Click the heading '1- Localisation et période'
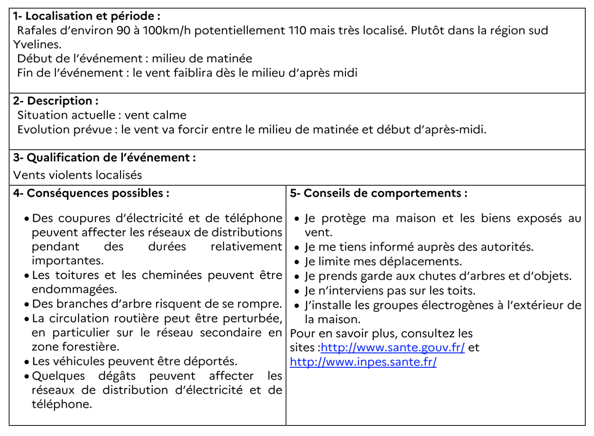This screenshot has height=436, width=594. (86, 16)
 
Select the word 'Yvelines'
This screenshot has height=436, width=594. (37, 45)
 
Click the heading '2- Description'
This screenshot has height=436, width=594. (56, 101)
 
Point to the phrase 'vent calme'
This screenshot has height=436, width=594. (155, 115)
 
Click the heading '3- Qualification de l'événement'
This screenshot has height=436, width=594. (104, 158)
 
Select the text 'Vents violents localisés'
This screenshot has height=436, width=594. (78, 175)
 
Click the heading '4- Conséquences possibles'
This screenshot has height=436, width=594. (91, 193)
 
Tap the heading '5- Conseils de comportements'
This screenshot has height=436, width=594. (379, 193)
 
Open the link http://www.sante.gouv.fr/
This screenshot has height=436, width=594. (393, 348)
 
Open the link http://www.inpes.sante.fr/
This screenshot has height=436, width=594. (363, 362)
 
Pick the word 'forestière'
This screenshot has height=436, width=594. (90, 347)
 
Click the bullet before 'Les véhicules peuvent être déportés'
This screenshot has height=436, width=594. (27, 362)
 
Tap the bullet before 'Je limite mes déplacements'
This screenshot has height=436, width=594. (297, 262)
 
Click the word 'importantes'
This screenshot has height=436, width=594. (67, 261)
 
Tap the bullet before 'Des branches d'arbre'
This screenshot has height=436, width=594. (27, 305)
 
